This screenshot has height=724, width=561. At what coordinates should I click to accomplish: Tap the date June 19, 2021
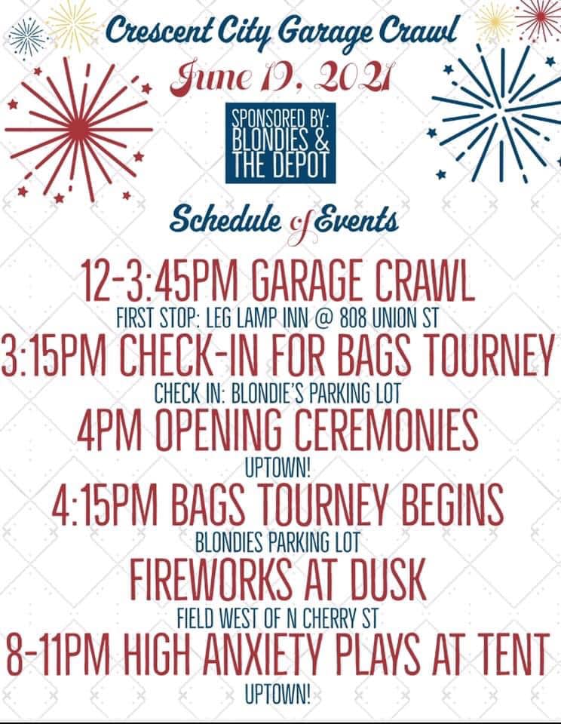click(x=280, y=78)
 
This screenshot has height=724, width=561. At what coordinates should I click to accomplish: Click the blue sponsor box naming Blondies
click(x=280, y=143)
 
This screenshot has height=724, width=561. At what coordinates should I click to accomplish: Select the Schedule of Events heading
click(x=284, y=222)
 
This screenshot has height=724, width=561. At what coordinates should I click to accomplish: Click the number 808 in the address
click(x=354, y=318)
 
